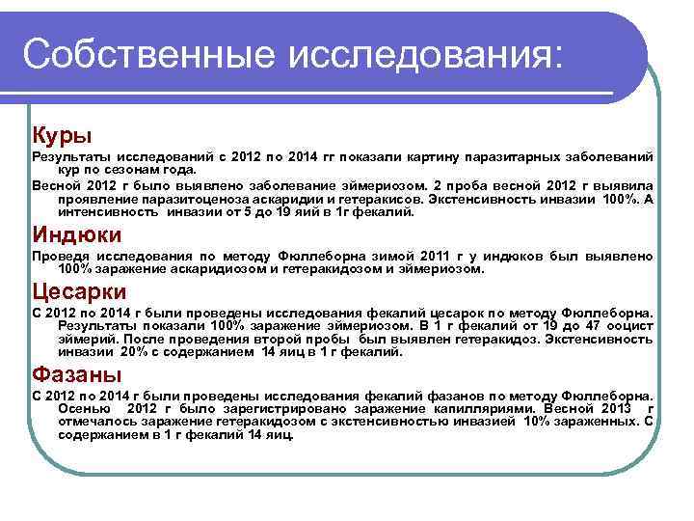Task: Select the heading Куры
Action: tap(62, 131)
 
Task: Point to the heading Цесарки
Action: tap(79, 290)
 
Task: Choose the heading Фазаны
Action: tap(76, 372)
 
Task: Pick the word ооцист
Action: tap(629, 327)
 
